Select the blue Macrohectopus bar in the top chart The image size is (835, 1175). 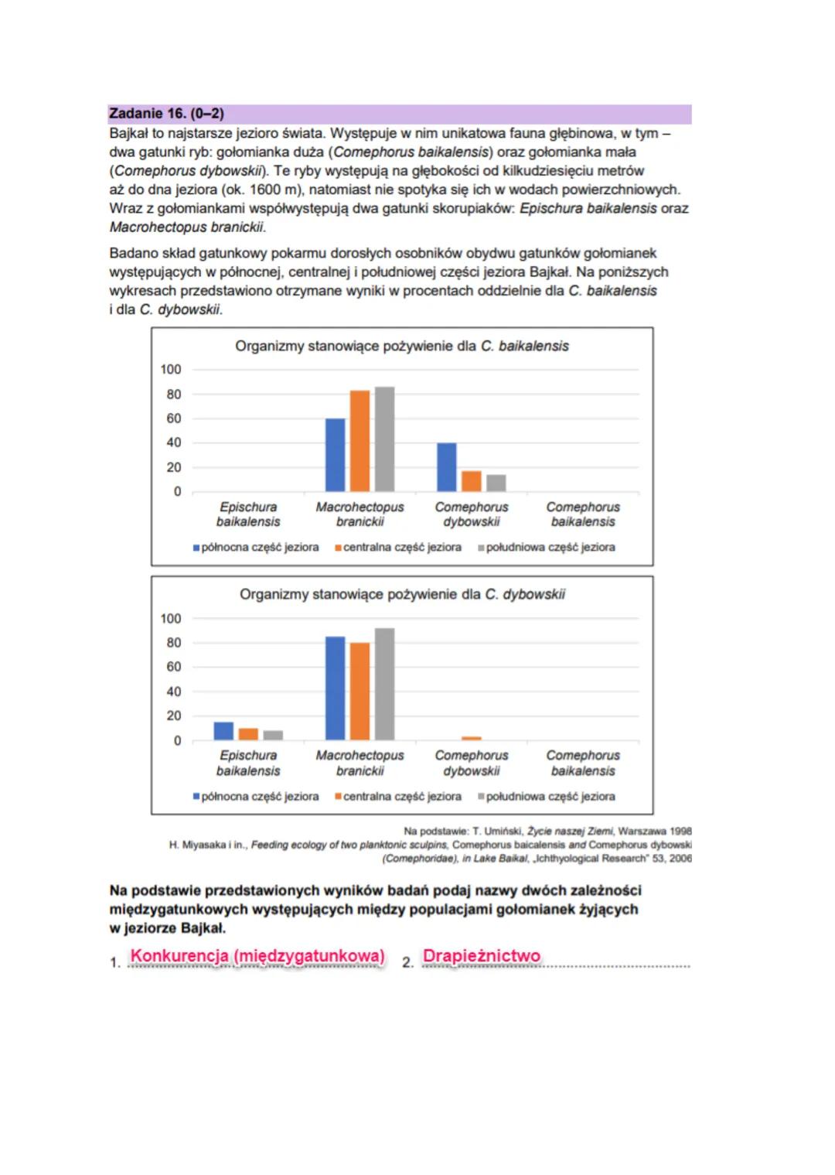click(335, 455)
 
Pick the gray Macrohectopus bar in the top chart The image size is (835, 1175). click(384, 439)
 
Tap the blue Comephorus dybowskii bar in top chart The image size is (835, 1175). click(447, 467)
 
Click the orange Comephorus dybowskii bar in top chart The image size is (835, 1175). click(472, 481)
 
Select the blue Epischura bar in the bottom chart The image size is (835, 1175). click(223, 731)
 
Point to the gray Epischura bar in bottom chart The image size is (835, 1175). click(273, 735)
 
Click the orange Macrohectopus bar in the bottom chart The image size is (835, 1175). click(360, 692)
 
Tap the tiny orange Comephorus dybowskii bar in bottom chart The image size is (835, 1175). click(472, 739)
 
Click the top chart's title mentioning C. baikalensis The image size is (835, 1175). click(401, 346)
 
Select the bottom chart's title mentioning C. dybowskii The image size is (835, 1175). click(401, 594)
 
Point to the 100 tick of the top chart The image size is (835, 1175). click(171, 370)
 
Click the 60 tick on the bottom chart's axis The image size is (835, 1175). click(174, 667)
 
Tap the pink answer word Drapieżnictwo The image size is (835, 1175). click(481, 956)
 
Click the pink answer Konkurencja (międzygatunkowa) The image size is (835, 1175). click(257, 956)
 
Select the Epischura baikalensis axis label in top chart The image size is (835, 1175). click(248, 514)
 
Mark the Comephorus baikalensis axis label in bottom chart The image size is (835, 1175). click(583, 763)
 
